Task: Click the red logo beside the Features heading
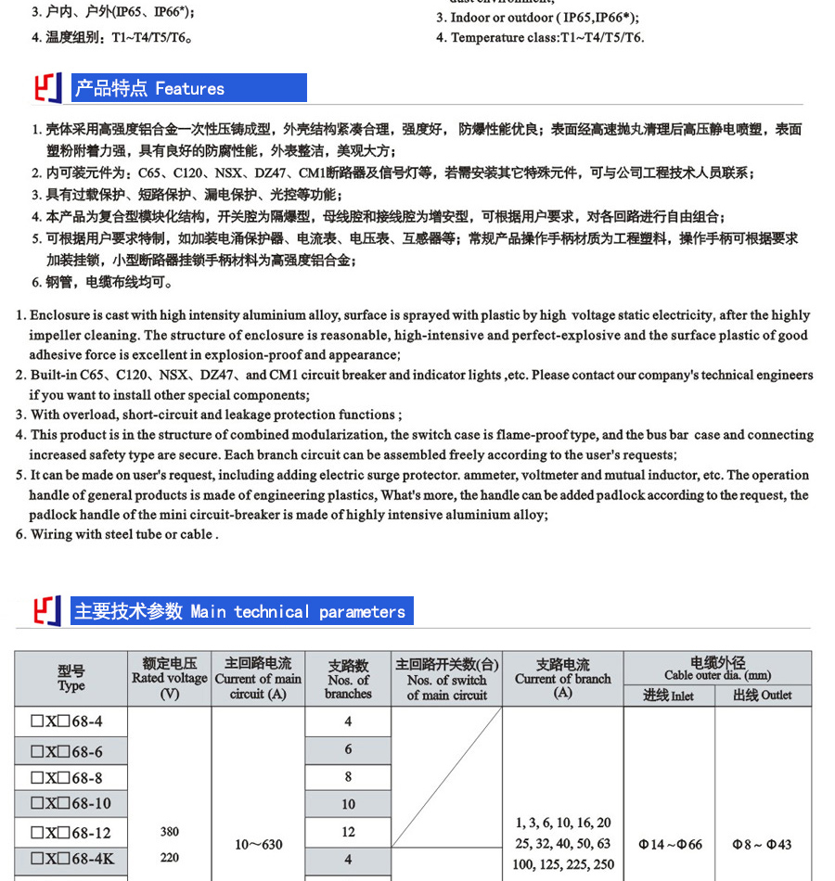(47, 88)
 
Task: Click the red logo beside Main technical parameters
(47, 611)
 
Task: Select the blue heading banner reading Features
(188, 88)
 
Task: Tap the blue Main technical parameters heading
(241, 611)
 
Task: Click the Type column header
(71, 678)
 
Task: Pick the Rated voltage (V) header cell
(169, 678)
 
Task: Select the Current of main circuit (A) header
(258, 678)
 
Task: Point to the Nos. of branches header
(348, 679)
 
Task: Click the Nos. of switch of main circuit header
(446, 679)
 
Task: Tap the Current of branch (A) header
(562, 678)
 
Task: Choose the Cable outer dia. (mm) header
(717, 668)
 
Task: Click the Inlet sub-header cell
(669, 695)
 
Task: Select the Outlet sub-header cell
(763, 695)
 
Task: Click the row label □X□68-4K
(72, 859)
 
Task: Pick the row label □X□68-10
(72, 803)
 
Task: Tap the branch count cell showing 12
(348, 832)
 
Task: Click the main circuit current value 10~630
(258, 845)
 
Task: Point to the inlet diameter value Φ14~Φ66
(670, 845)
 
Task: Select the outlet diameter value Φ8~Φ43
(763, 845)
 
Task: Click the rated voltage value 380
(169, 832)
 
